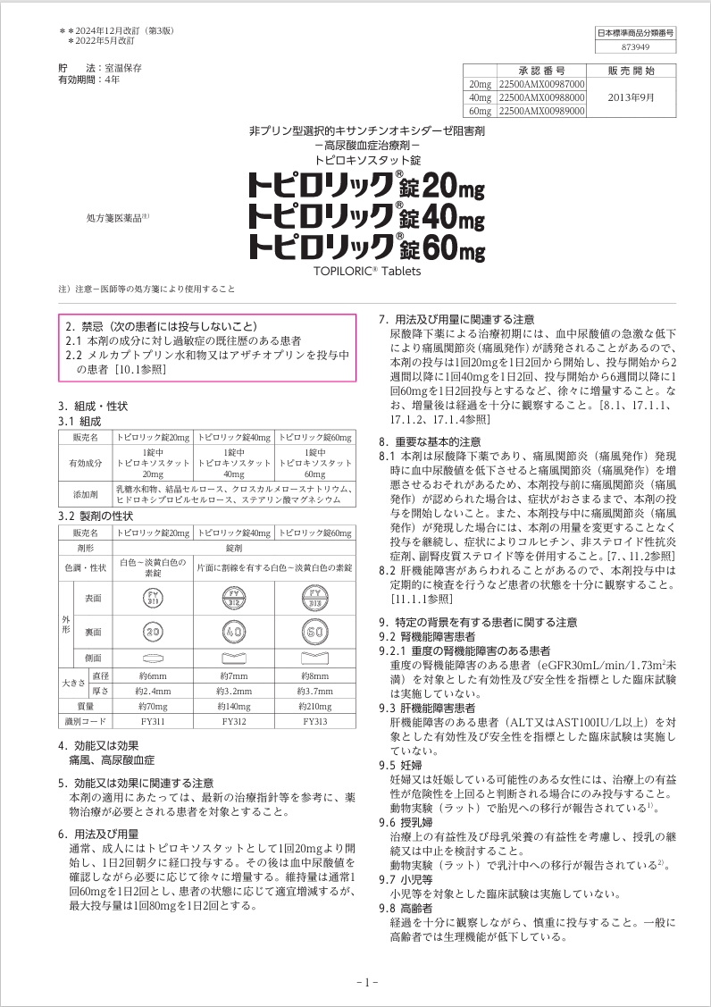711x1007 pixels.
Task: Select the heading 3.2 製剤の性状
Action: [x=96, y=516]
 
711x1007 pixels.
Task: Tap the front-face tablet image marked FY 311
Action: [x=154, y=598]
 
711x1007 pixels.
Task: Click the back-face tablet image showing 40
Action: [x=234, y=632]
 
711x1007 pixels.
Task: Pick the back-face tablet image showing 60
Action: [x=314, y=632]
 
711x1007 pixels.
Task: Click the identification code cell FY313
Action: [x=314, y=720]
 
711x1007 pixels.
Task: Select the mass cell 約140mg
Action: [x=234, y=706]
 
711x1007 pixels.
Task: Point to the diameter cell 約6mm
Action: [x=154, y=676]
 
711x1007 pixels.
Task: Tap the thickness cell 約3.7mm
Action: [x=314, y=691]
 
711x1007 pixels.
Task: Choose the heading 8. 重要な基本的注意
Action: [x=430, y=441]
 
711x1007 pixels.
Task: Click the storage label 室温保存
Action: [x=124, y=68]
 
